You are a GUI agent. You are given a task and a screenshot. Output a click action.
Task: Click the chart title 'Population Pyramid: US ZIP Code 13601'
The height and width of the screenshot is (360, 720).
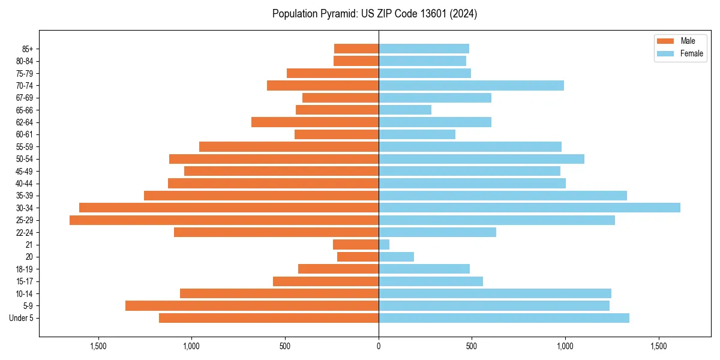374,14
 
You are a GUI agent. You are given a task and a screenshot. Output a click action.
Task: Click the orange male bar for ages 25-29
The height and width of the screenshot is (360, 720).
224,220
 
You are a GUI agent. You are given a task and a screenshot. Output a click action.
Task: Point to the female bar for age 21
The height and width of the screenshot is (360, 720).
384,245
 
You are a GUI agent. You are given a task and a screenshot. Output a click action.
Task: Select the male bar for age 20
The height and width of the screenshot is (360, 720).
358,257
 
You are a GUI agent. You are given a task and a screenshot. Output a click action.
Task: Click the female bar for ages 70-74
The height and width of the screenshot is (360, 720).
471,85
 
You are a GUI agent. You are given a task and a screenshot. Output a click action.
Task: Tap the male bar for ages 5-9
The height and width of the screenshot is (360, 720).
252,306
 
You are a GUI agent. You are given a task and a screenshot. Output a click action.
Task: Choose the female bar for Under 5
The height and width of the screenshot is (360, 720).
504,318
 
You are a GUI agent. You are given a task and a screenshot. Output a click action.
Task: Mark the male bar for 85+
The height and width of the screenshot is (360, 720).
356,49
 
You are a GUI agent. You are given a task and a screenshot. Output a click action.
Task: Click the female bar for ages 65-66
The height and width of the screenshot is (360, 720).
405,110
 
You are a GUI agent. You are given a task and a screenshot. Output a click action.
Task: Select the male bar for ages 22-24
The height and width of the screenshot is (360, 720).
276,232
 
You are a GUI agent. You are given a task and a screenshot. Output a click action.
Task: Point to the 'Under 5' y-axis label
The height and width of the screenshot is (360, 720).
22,318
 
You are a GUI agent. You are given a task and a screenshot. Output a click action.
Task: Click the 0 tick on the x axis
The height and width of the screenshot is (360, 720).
379,346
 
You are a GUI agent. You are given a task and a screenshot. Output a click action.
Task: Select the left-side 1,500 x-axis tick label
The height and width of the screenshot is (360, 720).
98,346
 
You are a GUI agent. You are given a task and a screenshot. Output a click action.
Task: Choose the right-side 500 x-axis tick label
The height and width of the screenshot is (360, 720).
472,346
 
